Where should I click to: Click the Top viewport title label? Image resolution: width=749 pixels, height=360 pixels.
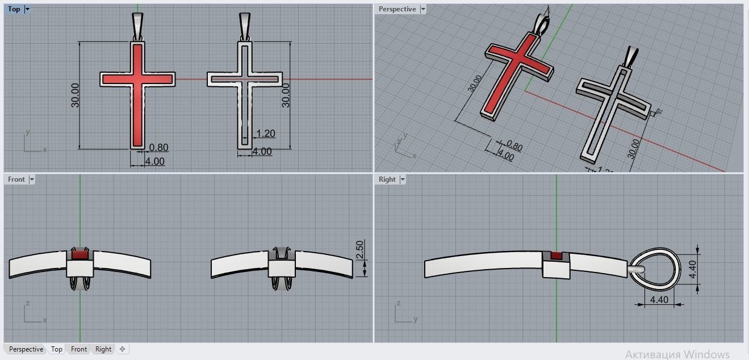pos(14,9)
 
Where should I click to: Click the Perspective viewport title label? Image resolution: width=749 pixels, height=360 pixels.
pos(397,9)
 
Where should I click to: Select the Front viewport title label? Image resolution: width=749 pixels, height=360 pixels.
pos(16,179)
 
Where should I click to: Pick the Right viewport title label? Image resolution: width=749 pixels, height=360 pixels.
pos(387,179)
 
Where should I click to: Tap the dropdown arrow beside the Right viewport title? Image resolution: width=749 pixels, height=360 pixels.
pos(403,179)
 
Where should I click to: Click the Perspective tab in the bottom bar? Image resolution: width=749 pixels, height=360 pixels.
pos(26,349)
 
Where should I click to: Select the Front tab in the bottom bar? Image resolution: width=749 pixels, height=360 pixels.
pos(79,349)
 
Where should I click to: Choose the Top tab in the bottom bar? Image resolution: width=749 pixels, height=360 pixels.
pos(56,349)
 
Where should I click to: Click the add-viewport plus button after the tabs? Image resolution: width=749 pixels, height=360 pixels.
pos(122,349)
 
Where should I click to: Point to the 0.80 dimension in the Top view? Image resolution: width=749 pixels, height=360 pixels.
pos(158,148)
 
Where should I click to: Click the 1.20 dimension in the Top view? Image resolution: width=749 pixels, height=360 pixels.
pos(265,134)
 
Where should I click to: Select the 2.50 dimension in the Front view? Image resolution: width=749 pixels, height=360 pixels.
pos(359,250)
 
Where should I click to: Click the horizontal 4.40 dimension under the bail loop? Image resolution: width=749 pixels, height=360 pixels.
pos(658,300)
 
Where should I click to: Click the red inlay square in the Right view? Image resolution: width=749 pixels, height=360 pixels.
pos(556,256)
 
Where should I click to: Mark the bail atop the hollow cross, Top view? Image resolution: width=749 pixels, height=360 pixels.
pos(245,26)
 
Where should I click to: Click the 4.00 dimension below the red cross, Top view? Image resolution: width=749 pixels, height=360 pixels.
pos(154,161)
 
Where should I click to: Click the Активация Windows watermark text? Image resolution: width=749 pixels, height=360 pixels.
pos(677,354)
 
